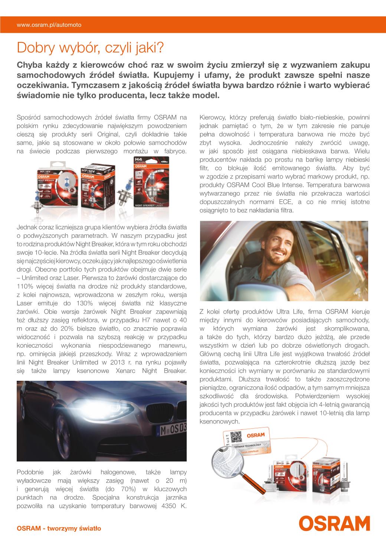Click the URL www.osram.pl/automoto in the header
point(49,25)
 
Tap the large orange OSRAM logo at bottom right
point(334,523)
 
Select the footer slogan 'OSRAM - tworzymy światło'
point(59,528)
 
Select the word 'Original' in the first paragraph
point(109,134)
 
